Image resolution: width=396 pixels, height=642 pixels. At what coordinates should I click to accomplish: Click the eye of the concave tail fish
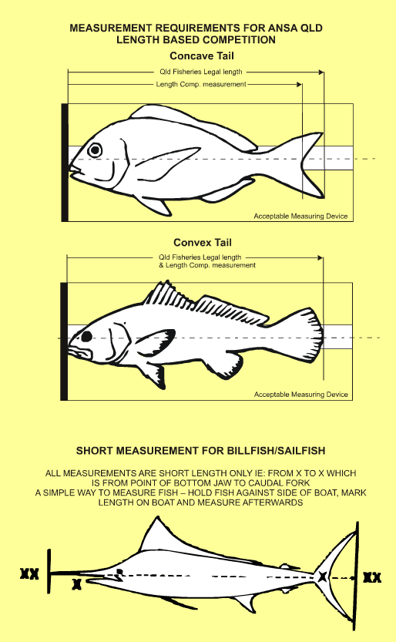coord(96,150)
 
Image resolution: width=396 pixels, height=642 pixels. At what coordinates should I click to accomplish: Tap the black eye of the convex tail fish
coord(87,335)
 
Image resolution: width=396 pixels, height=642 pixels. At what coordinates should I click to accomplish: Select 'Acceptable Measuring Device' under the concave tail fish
coord(301,216)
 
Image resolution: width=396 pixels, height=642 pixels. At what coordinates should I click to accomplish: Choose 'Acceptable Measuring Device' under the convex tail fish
coord(301,395)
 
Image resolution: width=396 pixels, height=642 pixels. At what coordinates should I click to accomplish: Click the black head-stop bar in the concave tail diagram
coord(64,162)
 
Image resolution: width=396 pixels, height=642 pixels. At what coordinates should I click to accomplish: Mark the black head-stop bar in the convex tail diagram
coord(64,341)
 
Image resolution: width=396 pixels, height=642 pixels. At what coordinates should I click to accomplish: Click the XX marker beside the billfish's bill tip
coord(29,574)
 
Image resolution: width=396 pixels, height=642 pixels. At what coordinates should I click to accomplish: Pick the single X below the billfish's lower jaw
coord(76,586)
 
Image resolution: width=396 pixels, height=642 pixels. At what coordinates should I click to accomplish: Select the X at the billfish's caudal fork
coord(322,576)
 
